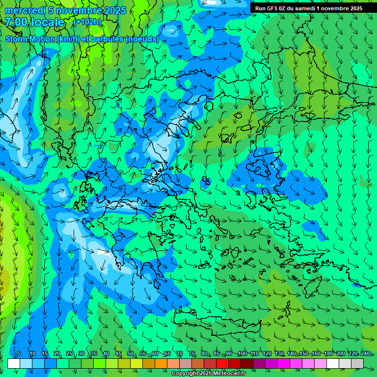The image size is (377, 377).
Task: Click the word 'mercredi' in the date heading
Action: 25,10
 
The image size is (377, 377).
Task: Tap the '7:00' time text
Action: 17,22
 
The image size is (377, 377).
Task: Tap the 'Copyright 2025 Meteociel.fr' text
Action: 208,374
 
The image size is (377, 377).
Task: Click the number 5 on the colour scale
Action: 19,354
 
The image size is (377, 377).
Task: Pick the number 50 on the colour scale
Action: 131,354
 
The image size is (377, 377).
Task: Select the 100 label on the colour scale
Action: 242,354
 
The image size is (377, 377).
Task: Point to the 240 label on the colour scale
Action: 365,354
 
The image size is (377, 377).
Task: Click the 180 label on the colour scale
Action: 328,354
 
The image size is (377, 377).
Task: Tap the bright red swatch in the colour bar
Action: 222,363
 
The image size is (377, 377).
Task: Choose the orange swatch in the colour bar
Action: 161,363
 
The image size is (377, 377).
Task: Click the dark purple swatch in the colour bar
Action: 259,363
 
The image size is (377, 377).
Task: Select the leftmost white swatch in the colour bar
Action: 14,363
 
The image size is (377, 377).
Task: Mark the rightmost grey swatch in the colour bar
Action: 357,363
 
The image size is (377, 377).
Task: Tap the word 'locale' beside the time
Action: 48,22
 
